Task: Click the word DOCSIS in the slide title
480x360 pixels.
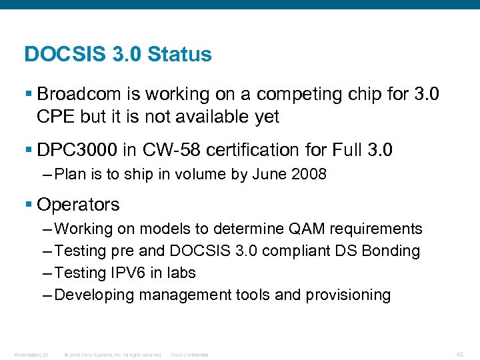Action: pos(63,55)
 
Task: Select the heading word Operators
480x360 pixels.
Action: pos(79,205)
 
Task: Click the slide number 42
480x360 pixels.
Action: pos(460,354)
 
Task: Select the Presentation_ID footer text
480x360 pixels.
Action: pos(30,355)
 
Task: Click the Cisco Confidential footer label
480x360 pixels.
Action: pos(189,355)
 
